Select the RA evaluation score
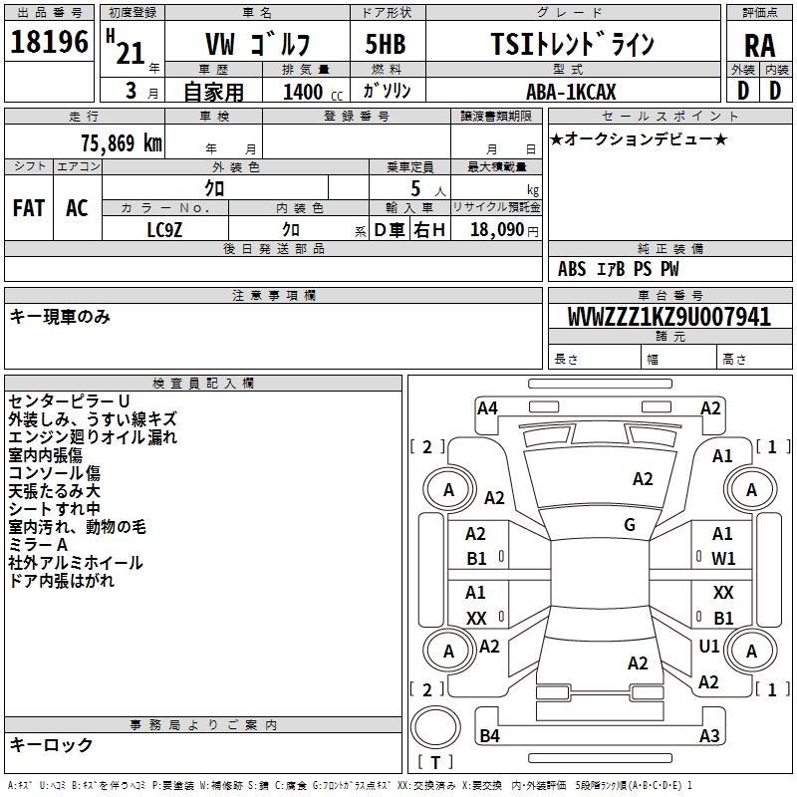coord(759,46)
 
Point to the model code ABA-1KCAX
coord(571,92)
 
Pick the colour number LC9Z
coord(165,229)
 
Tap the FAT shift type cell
coord(29,208)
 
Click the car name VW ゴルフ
coord(257,45)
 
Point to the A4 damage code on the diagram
coord(487,407)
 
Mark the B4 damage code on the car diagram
coord(489,736)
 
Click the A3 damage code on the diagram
coord(709,736)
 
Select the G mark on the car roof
coord(630,525)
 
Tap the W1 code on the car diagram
coord(723,559)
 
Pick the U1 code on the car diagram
coord(709,647)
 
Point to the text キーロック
coord(52,745)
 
